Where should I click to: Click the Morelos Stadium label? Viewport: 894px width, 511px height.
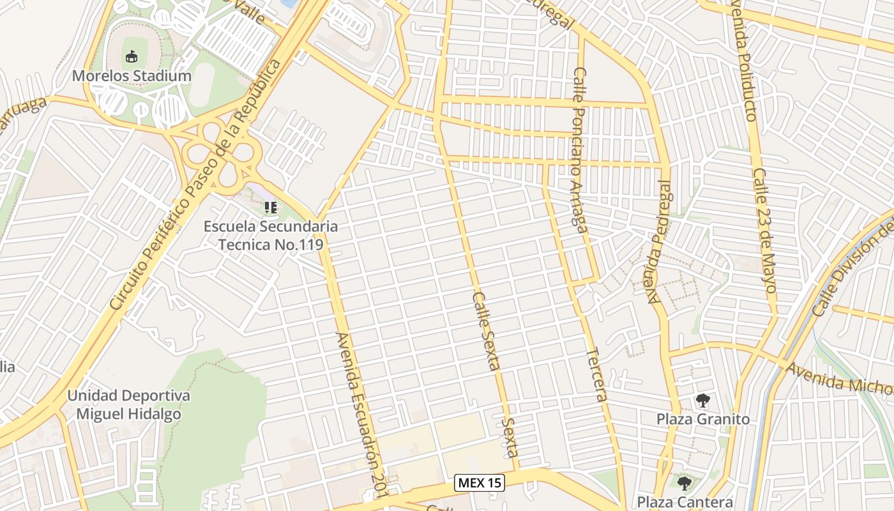tap(132, 76)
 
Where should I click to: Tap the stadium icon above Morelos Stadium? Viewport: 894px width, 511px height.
tap(132, 57)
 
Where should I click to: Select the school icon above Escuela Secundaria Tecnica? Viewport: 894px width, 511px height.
tap(271, 208)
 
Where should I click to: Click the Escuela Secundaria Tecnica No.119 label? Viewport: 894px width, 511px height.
tap(271, 235)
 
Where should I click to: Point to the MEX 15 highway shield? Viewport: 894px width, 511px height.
tap(480, 483)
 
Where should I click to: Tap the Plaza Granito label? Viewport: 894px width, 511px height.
tap(703, 419)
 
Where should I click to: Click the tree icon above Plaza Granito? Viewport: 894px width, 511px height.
tap(703, 401)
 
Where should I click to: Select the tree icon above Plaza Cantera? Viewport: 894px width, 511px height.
tap(685, 484)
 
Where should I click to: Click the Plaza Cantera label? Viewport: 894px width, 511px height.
tap(685, 502)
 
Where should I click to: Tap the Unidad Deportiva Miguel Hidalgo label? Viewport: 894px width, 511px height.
tap(129, 405)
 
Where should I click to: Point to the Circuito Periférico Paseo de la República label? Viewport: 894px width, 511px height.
tap(195, 185)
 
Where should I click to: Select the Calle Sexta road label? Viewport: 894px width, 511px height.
tap(486, 330)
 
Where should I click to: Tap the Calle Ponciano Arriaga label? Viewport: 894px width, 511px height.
tap(579, 150)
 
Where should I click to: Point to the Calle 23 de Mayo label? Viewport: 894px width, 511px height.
tap(764, 230)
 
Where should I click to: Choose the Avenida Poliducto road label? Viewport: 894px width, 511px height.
tap(743, 61)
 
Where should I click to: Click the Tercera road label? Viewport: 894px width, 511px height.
tap(595, 374)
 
